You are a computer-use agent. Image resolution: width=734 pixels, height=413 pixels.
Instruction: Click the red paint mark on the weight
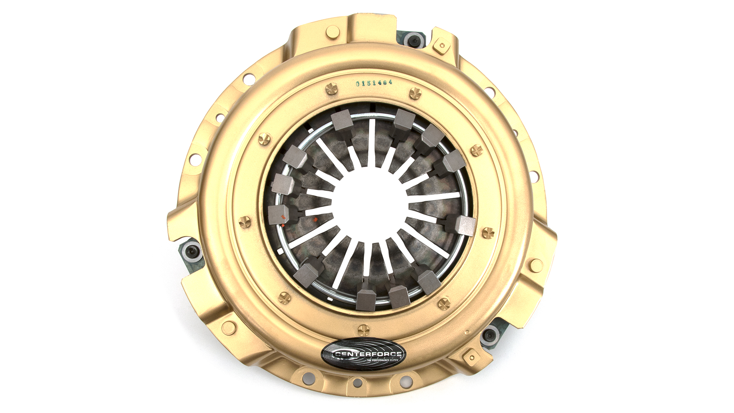coord(283,217)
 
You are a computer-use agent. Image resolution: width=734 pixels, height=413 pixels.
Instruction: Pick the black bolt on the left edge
coord(190,251)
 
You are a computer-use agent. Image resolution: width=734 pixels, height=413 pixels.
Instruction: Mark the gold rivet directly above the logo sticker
coord(364,329)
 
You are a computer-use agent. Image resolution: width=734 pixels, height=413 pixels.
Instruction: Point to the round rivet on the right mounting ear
coord(536,265)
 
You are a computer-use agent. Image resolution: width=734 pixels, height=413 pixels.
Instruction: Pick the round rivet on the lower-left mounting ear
coord(229,328)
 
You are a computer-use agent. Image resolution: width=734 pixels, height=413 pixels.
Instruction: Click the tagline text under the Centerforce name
coord(382,360)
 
